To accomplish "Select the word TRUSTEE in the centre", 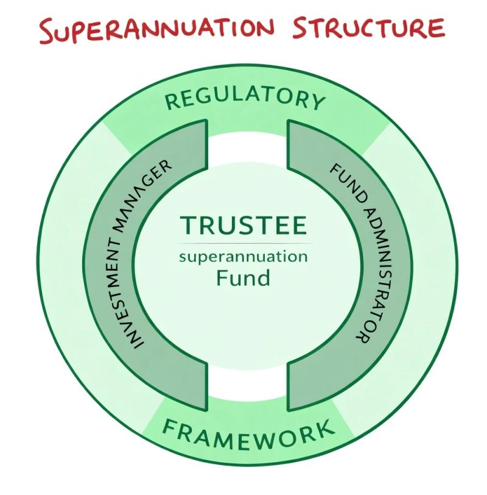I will pos(243,226).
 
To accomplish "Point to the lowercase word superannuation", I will pos(243,257).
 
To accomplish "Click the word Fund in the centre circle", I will pos(243,278).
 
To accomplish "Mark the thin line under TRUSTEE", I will pos(243,243).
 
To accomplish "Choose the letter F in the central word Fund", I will pos(223,278).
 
